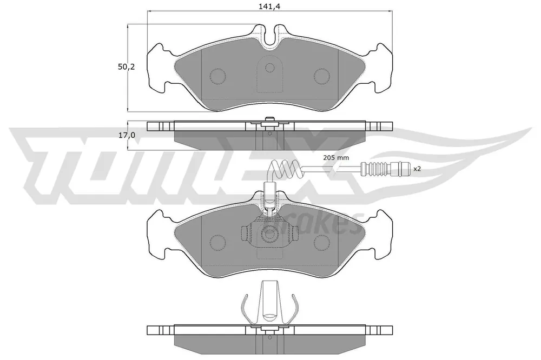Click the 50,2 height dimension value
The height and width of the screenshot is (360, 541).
pyautogui.click(x=126, y=67)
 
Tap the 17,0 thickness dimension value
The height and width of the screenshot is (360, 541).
pyautogui.click(x=127, y=136)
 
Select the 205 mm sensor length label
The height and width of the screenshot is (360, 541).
pyautogui.click(x=336, y=158)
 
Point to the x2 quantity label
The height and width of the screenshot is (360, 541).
pyautogui.click(x=417, y=169)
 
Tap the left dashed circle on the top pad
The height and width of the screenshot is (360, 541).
pyautogui.click(x=217, y=76)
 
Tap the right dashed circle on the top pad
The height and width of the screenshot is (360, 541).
pyautogui.click(x=322, y=76)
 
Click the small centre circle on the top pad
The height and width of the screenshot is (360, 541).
pyautogui.click(x=270, y=68)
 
